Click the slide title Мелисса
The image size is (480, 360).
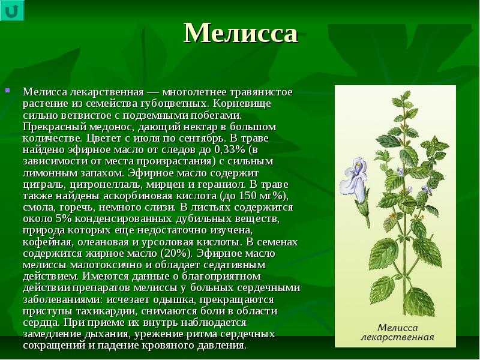tap(241, 33)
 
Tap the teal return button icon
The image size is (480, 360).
tap(11, 10)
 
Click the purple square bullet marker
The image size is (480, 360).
tap(8, 91)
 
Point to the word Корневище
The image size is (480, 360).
tap(242, 103)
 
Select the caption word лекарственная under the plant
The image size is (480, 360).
tap(398, 338)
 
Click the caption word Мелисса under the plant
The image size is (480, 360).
tap(398, 328)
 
